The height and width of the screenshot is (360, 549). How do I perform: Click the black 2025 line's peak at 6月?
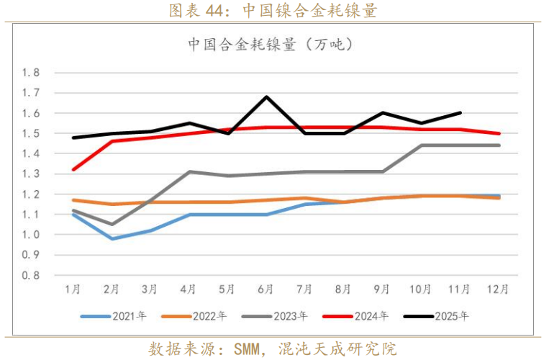tap(266, 96)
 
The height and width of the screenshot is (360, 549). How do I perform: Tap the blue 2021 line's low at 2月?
tap(112, 238)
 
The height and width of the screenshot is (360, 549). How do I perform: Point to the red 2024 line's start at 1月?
tap(73, 169)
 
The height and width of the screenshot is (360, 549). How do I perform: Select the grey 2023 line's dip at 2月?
tap(112, 224)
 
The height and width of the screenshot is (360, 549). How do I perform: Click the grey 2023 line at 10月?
tap(422, 145)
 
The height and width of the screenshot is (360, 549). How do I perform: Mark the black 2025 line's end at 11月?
tap(460, 112)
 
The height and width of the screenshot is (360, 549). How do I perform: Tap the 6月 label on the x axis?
tap(266, 289)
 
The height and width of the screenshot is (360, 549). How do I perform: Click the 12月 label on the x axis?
tap(499, 289)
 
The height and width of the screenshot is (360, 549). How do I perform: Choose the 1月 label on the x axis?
tap(72, 289)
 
